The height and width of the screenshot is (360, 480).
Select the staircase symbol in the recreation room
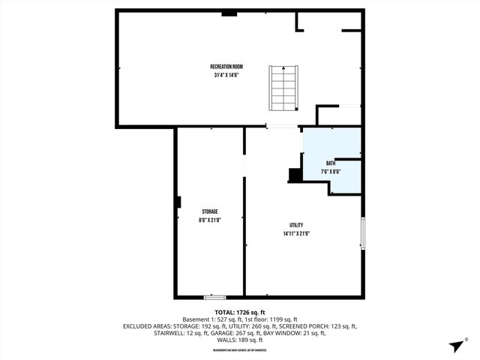(x=284, y=88)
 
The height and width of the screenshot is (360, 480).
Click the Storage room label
(x=209, y=212)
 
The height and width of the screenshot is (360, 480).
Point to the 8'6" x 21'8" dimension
(x=209, y=220)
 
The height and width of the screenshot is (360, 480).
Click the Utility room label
(x=297, y=226)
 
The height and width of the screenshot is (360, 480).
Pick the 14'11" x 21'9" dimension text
(x=297, y=234)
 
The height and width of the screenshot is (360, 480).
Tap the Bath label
(x=331, y=163)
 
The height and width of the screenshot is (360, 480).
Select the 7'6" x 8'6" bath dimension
(x=331, y=172)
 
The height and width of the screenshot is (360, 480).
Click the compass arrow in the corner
(x=454, y=345)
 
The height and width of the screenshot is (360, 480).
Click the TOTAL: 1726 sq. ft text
(x=240, y=312)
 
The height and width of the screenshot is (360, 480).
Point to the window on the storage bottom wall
(x=214, y=297)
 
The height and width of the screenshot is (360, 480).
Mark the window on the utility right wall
(x=363, y=233)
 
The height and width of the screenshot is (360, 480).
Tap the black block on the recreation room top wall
(x=229, y=13)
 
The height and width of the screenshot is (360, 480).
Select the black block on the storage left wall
(x=178, y=202)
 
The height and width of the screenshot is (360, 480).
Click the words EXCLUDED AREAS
(x=145, y=326)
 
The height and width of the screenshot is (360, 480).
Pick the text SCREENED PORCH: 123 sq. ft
(x=322, y=326)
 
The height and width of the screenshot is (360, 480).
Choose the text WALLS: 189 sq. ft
(x=240, y=340)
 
